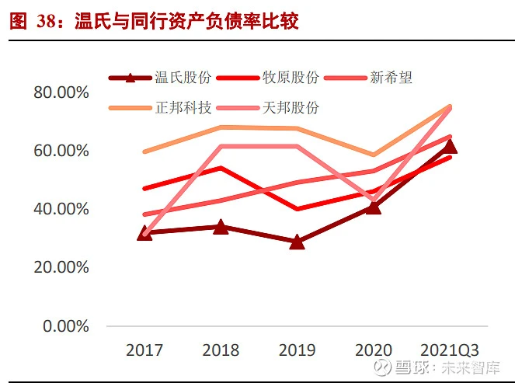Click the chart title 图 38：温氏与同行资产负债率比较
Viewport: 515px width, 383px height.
click(154, 22)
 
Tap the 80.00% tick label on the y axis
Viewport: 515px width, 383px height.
click(61, 92)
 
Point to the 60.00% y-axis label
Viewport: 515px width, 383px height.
click(61, 151)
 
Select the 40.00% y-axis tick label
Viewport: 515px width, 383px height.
click(61, 209)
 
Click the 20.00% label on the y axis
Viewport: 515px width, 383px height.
click(61, 267)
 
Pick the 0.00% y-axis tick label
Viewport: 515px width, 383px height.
click(66, 326)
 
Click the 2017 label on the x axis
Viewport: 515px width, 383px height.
click(144, 350)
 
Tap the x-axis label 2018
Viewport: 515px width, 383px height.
click(221, 350)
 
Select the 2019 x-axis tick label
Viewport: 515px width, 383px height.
click(298, 350)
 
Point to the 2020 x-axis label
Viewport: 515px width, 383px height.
click(374, 350)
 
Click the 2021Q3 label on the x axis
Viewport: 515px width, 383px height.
click(450, 350)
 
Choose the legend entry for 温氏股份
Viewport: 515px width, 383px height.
click(160, 78)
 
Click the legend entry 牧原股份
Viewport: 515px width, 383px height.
click(268, 78)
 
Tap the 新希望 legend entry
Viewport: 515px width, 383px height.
click(368, 78)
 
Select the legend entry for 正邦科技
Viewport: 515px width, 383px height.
click(160, 108)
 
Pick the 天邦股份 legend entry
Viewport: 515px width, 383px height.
click(268, 108)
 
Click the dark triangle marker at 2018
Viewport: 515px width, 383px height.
click(221, 228)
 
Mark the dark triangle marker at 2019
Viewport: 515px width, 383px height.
click(298, 242)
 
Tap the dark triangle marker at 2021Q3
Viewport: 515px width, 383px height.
click(450, 147)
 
